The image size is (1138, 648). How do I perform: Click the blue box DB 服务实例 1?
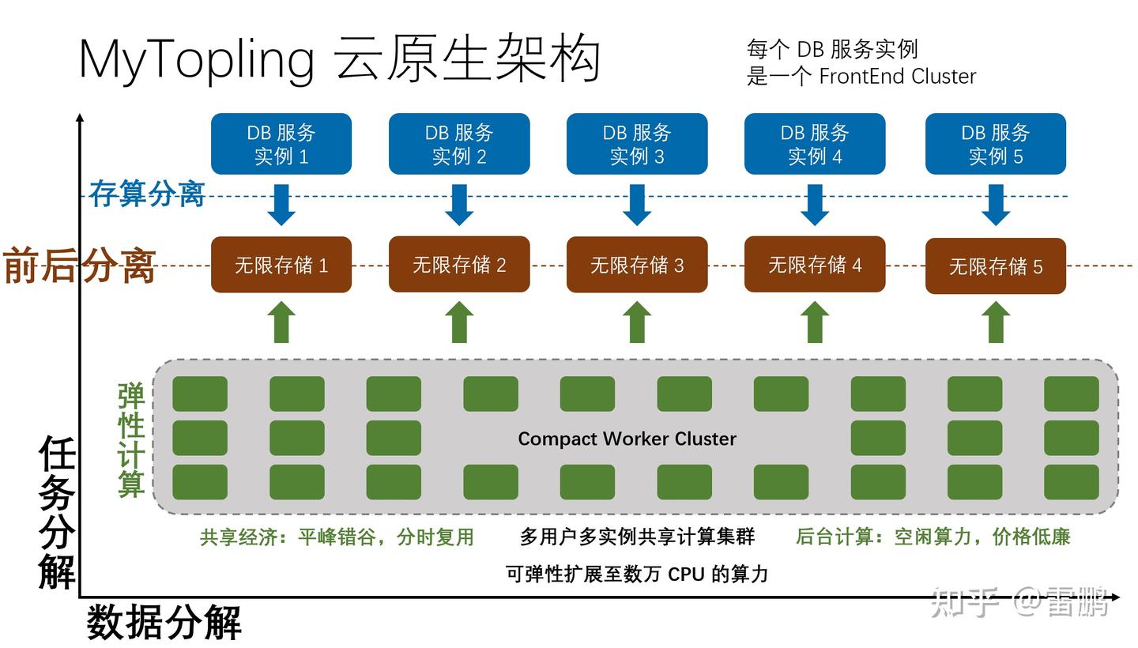281,144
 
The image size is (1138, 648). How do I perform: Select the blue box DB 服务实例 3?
636,144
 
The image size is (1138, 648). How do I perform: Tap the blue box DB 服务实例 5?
995,144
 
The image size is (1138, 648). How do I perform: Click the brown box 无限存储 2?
458,264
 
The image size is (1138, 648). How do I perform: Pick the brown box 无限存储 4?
814,264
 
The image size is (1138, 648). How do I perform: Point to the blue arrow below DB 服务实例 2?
458,205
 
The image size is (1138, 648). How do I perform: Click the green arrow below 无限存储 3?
636,322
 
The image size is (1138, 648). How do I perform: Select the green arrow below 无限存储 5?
995,322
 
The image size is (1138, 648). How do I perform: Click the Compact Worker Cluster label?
627,439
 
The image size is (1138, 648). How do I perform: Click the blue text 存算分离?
147,194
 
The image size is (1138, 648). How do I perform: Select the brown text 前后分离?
79,266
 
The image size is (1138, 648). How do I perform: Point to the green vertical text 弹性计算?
130,440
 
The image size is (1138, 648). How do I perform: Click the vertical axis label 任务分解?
57,513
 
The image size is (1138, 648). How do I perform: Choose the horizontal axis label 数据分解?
164,623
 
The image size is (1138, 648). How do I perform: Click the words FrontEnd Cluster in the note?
897,77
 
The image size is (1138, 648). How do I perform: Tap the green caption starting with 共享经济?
337,537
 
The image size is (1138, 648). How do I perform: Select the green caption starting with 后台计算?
933,537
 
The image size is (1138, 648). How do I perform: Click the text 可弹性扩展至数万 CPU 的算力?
636,574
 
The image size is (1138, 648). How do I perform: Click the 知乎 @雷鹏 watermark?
1024,603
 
